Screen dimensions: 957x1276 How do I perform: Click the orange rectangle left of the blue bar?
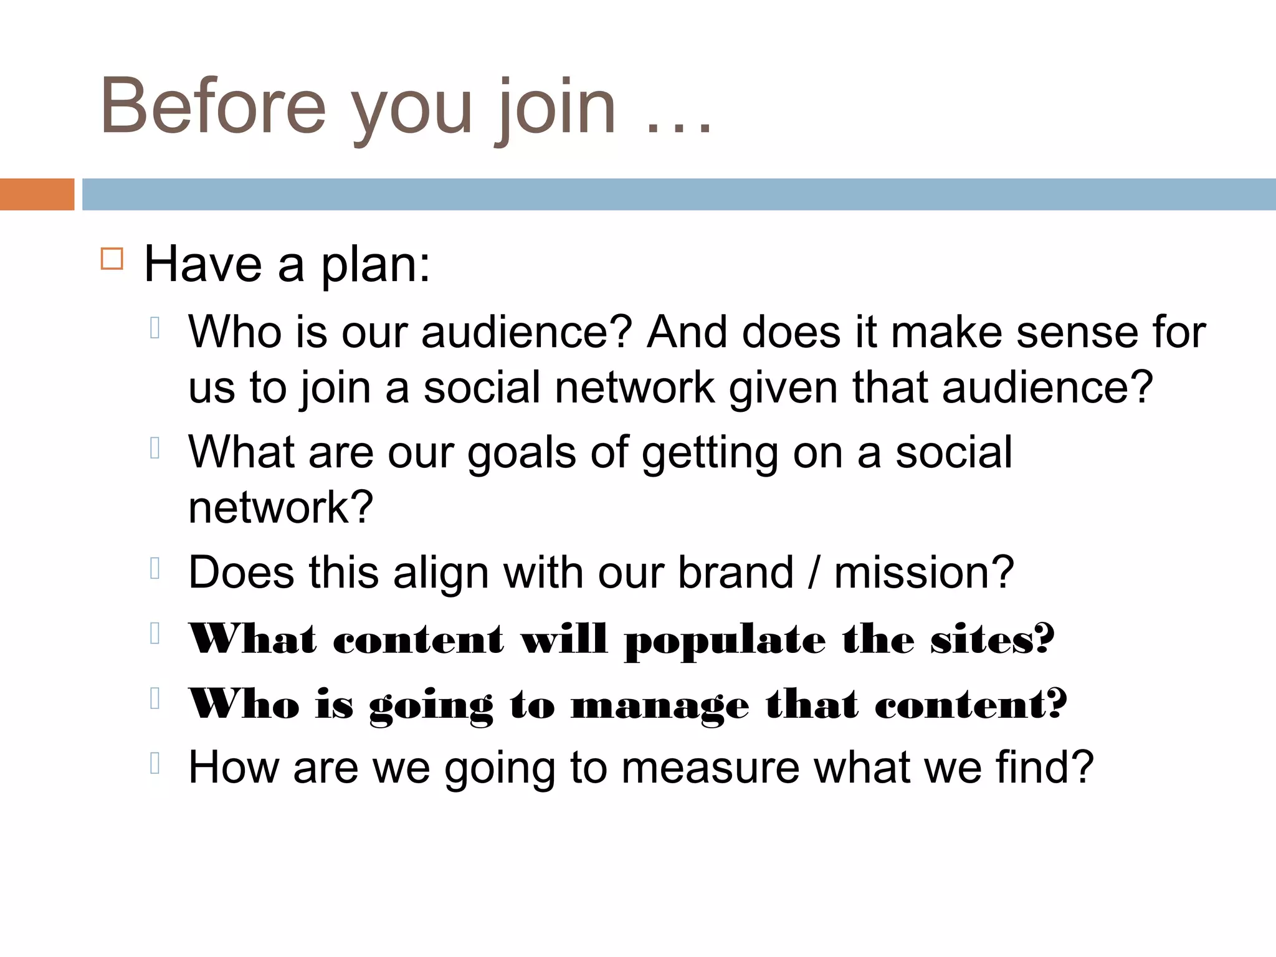coord(37,194)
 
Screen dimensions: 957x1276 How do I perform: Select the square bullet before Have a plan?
coord(112,258)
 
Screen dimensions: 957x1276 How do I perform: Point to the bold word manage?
coord(660,707)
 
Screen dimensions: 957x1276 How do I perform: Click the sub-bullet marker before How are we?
coord(156,763)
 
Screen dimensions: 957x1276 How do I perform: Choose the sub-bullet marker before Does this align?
coord(156,568)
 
